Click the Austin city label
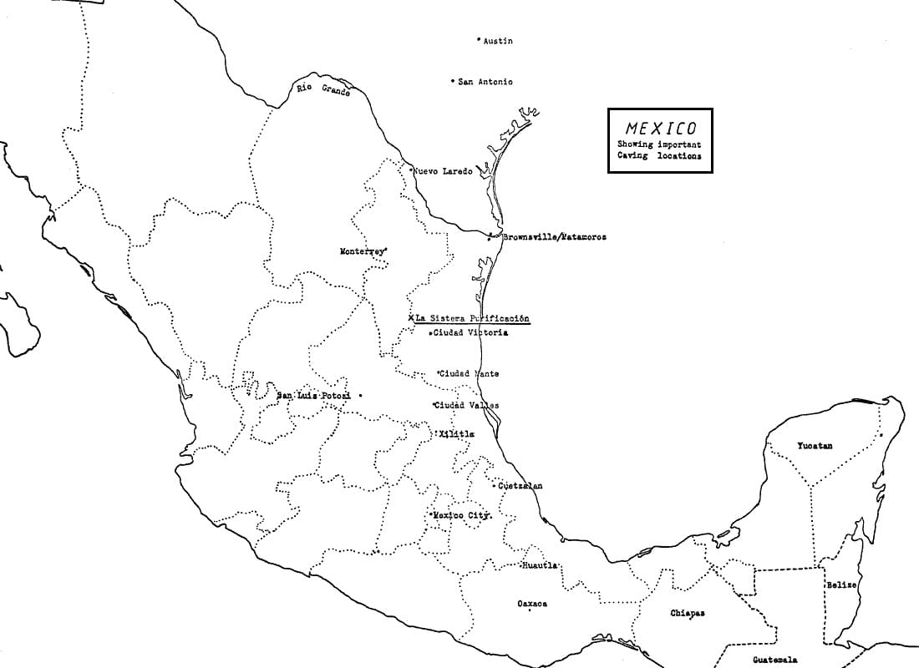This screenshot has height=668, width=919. pyautogui.click(x=498, y=41)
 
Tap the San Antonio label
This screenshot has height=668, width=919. pyautogui.click(x=485, y=82)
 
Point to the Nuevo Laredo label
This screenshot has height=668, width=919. pyautogui.click(x=443, y=171)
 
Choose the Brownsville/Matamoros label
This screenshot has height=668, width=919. pyautogui.click(x=554, y=237)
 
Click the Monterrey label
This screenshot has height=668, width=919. pyautogui.click(x=362, y=251)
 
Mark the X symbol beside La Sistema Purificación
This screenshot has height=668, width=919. pyautogui.click(x=410, y=318)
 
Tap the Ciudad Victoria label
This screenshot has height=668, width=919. pyautogui.click(x=470, y=333)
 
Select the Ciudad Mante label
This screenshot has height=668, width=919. pyautogui.click(x=469, y=374)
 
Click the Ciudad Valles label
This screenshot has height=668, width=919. pyautogui.click(x=467, y=406)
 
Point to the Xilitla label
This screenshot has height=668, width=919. pyautogui.click(x=457, y=434)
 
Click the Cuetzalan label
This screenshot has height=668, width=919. pyautogui.click(x=520, y=486)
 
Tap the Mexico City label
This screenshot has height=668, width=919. pyautogui.click(x=461, y=516)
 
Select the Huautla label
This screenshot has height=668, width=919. pyautogui.click(x=540, y=566)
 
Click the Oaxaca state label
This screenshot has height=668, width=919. pyautogui.click(x=532, y=604)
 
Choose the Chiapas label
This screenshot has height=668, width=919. pyautogui.click(x=688, y=613)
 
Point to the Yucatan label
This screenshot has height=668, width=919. pyautogui.click(x=815, y=446)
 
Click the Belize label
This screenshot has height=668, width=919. pyautogui.click(x=841, y=585)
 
